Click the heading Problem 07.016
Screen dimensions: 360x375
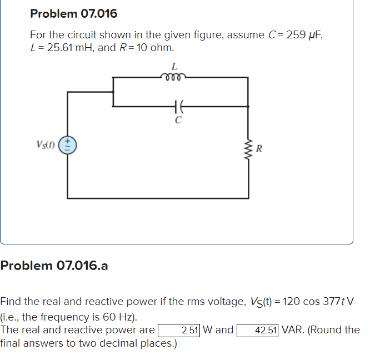point(73,13)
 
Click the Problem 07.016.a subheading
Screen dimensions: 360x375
point(54,266)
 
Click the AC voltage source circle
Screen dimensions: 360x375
point(68,146)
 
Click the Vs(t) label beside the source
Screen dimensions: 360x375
point(46,146)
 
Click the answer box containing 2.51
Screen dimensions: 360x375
point(179,330)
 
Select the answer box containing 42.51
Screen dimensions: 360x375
point(258,330)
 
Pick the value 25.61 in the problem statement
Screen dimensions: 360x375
point(59,47)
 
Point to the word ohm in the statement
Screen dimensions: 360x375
point(162,47)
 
